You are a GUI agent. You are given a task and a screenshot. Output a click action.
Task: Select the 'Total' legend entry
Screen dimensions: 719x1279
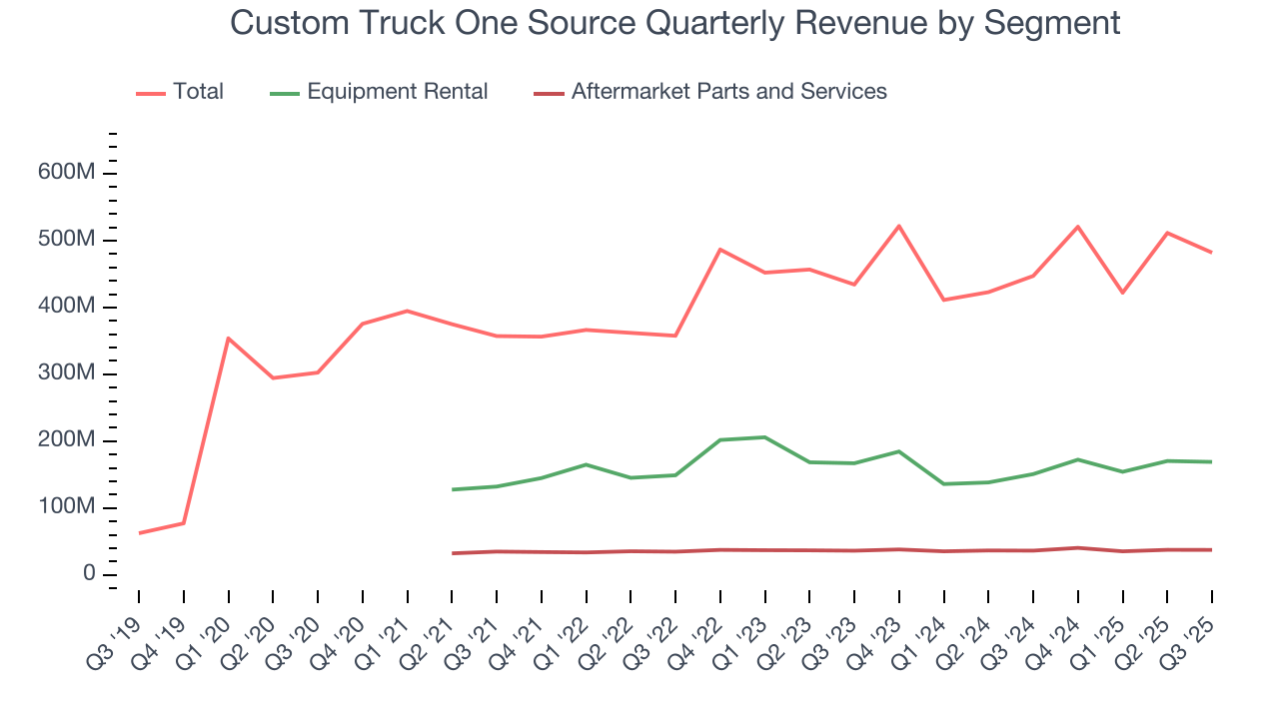point(198,92)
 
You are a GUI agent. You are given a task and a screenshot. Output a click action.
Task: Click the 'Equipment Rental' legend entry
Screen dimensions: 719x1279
point(397,92)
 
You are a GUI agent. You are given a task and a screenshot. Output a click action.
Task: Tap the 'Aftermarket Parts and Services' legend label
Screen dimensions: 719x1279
point(728,92)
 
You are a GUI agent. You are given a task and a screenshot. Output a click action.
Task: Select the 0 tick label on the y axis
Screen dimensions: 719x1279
point(89,574)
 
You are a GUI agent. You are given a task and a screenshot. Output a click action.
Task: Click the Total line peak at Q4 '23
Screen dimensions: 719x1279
point(899,226)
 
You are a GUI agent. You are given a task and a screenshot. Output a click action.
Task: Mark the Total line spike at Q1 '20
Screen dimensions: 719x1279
point(228,338)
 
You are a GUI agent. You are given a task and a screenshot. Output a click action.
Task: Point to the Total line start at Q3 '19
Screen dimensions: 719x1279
point(139,532)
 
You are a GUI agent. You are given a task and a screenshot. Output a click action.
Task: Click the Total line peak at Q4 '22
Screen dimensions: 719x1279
point(720,249)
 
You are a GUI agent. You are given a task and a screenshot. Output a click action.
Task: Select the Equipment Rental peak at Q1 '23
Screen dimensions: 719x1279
point(764,436)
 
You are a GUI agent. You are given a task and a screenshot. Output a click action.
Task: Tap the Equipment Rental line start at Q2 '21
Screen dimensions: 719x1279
point(452,489)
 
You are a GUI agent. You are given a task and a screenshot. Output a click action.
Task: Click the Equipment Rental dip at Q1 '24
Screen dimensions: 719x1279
point(943,483)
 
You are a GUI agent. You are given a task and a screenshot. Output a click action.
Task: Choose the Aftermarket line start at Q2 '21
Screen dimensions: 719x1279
point(452,553)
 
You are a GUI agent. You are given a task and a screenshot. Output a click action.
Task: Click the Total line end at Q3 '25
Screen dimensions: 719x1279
point(1211,252)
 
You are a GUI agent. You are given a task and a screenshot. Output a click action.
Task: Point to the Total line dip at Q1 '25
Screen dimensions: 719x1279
point(1122,293)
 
